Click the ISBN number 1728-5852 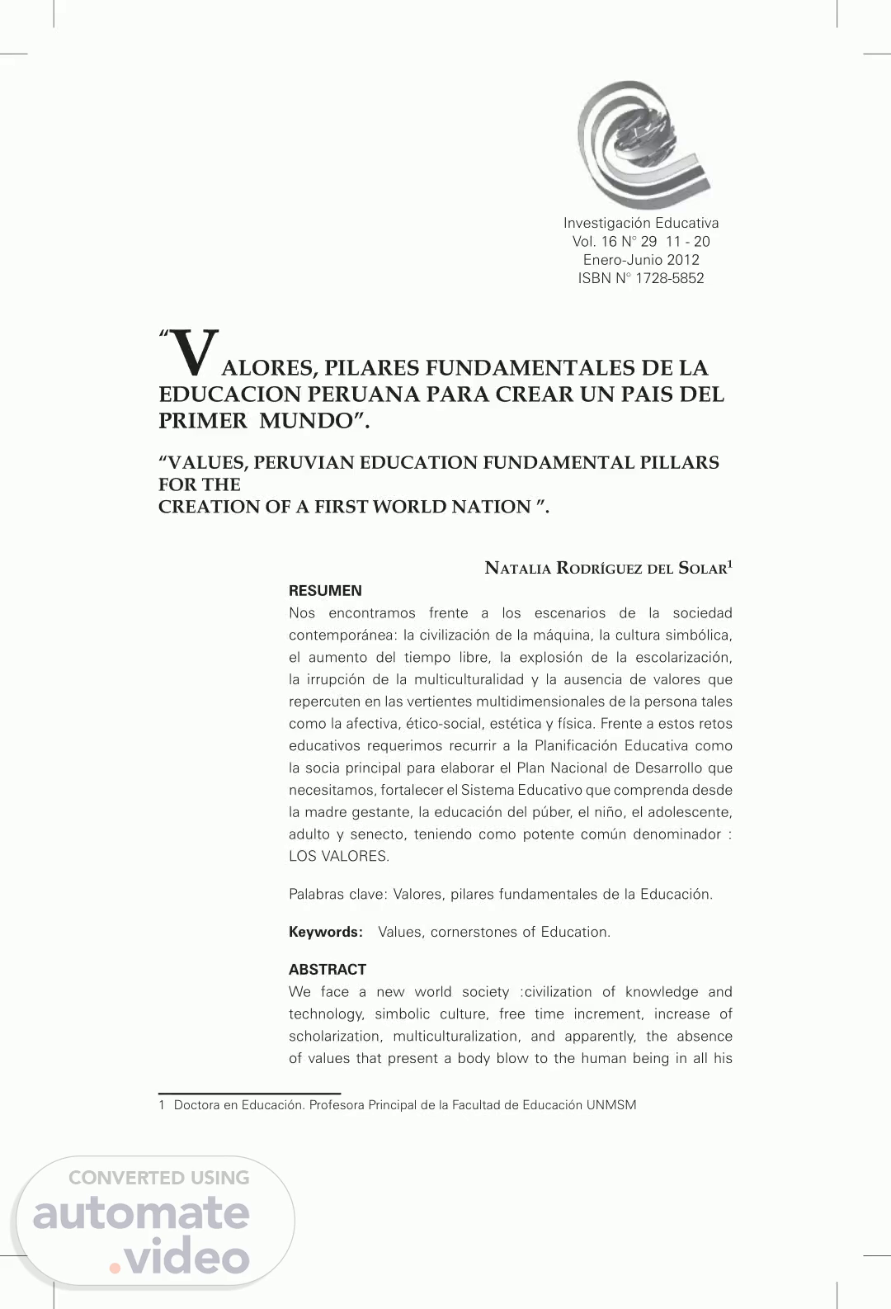click(x=669, y=278)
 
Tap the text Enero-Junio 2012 click(x=641, y=260)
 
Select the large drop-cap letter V click(x=196, y=352)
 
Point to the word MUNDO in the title click(x=306, y=421)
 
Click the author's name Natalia click(x=517, y=568)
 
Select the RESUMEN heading click(x=325, y=591)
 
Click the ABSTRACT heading click(x=328, y=970)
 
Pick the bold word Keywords click(x=325, y=932)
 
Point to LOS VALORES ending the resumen click(x=338, y=856)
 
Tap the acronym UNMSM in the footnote click(x=611, y=1105)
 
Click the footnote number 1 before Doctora click(x=162, y=1105)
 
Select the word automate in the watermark click(x=141, y=1214)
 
